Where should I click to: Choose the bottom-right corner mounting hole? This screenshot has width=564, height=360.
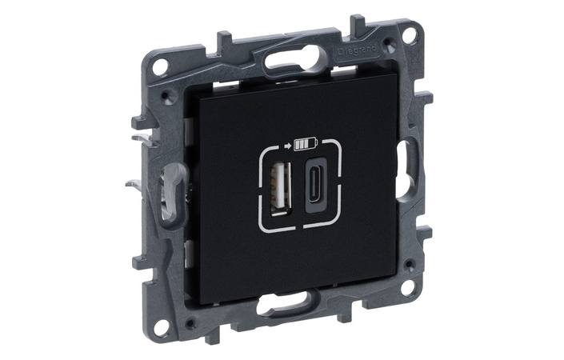407,286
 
